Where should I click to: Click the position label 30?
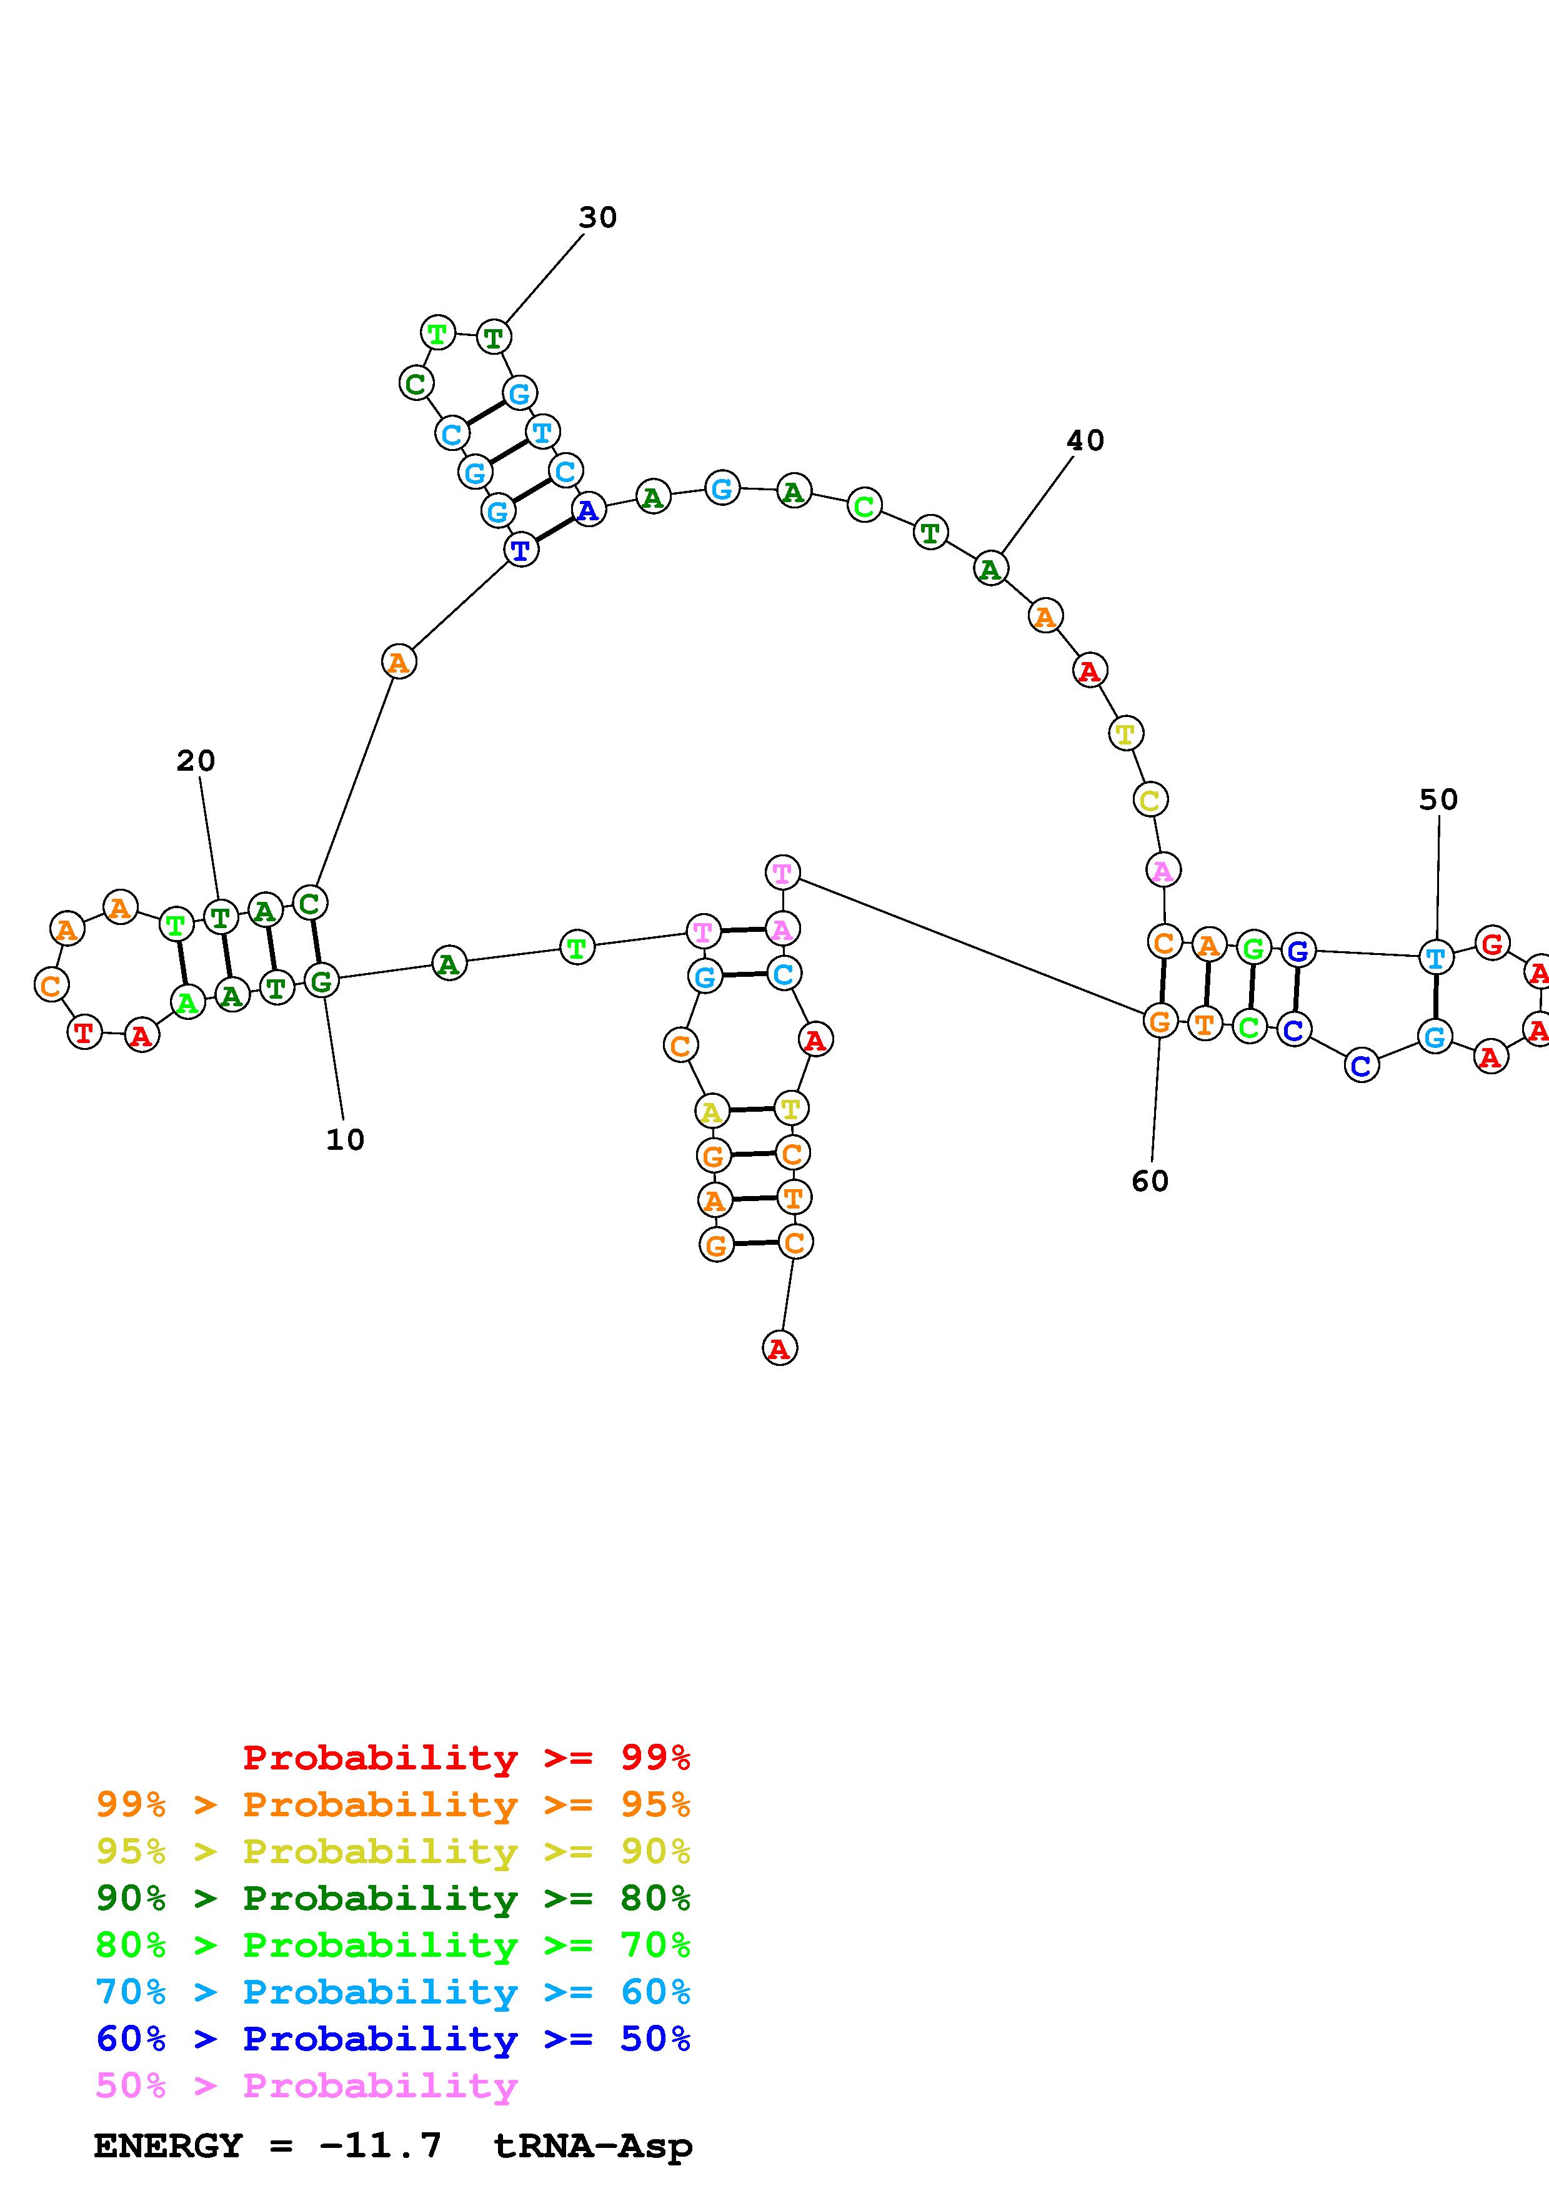(597, 217)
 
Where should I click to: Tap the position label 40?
(1085, 441)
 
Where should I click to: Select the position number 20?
(196, 761)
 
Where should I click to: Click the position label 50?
(1438, 799)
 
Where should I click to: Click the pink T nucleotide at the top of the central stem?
(782, 872)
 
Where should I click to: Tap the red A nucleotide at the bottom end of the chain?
(780, 1348)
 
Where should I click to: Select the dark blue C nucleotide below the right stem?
(1362, 1065)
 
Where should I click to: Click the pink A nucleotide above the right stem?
(1162, 870)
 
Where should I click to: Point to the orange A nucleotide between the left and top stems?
(399, 661)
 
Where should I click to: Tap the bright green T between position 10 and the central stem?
(577, 947)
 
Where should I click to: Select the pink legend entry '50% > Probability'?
(306, 2086)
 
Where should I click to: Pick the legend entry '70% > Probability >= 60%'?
(393, 1992)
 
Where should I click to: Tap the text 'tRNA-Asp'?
(593, 2145)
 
